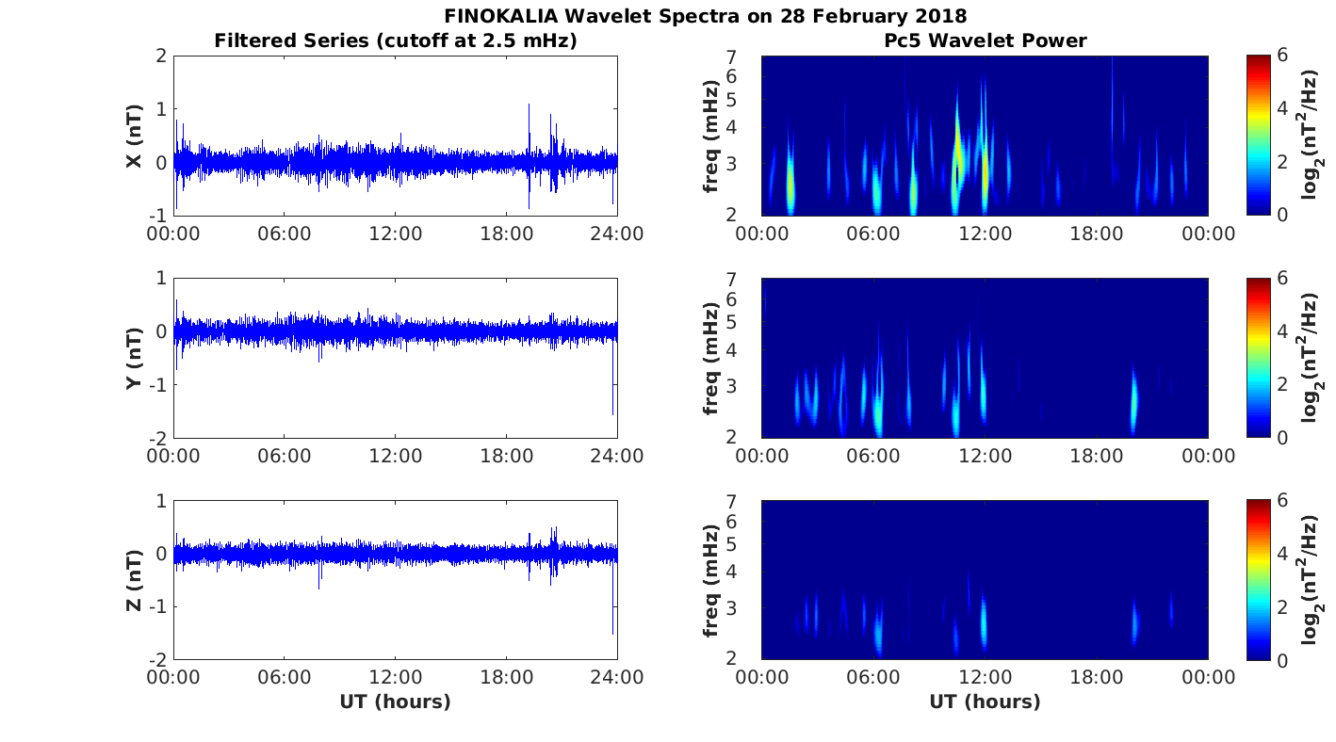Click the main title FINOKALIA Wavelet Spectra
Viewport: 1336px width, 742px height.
(x=706, y=16)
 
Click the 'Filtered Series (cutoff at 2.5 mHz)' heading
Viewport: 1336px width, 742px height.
(x=396, y=40)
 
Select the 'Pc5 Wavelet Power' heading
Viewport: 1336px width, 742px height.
(x=985, y=40)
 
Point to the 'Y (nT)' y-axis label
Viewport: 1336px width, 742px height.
(x=134, y=358)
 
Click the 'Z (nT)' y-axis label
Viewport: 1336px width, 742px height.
(x=134, y=580)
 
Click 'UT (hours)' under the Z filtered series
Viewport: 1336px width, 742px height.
(x=396, y=702)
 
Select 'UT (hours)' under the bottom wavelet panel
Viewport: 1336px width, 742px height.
(x=985, y=702)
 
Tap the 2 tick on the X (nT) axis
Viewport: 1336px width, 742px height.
(x=161, y=56)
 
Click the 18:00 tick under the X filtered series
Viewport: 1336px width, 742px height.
(x=507, y=234)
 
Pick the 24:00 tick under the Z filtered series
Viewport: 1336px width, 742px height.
(x=617, y=678)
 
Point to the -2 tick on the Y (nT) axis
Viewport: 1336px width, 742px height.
(x=156, y=438)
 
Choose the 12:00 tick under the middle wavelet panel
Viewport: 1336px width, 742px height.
(x=985, y=456)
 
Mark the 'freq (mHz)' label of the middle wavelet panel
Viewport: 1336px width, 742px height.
(x=711, y=358)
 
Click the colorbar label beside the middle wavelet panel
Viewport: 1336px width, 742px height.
(x=1311, y=358)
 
